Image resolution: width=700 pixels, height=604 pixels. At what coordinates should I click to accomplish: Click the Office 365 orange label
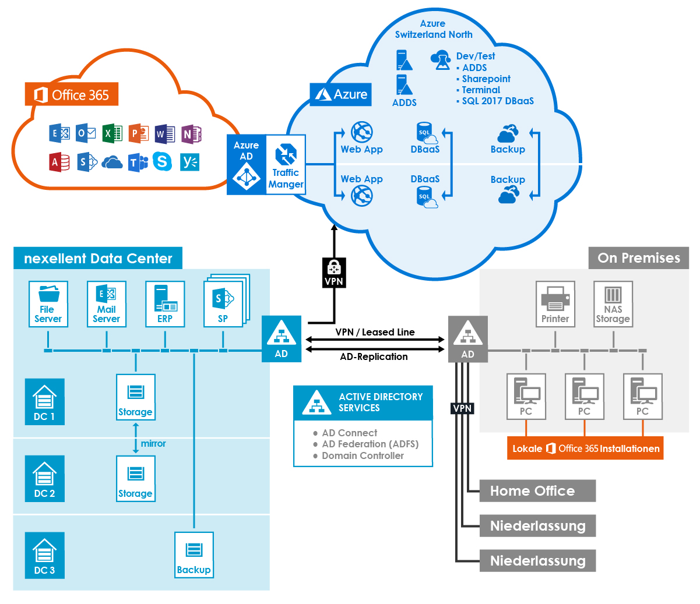[x=72, y=94]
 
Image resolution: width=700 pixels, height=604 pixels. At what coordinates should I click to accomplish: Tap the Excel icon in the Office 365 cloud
[x=112, y=133]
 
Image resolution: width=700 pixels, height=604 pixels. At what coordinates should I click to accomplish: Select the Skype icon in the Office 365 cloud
[x=162, y=161]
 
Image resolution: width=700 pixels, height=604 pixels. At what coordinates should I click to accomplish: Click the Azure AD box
[x=246, y=165]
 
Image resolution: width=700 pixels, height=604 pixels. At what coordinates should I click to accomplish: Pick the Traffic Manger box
[x=286, y=165]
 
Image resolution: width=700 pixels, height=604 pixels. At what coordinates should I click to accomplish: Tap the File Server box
[x=48, y=304]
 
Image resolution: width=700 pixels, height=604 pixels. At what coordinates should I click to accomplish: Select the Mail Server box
[x=107, y=304]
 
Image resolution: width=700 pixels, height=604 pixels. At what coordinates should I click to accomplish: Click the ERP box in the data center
[x=165, y=304]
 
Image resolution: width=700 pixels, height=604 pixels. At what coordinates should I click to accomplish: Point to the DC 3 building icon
[x=44, y=555]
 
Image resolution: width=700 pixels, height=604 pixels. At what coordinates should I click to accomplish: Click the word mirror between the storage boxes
[x=153, y=444]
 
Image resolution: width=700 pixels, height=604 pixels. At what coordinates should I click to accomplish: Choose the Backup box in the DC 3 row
[x=194, y=555]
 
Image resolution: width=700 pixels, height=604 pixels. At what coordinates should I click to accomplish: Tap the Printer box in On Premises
[x=555, y=304]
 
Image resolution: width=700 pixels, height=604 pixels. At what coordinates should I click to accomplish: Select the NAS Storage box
[x=613, y=304]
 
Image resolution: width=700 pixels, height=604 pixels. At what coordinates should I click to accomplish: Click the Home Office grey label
[x=537, y=491]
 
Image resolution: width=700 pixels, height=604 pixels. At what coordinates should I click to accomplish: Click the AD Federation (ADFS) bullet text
[x=370, y=444]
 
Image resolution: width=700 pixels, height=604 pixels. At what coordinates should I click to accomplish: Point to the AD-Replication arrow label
[x=374, y=357]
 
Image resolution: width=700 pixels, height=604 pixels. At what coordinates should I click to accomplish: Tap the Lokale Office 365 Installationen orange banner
[x=585, y=448]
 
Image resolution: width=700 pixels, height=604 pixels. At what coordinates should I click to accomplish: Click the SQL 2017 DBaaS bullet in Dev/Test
[x=497, y=101]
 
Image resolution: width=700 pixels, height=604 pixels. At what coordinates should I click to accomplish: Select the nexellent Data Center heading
[x=98, y=259]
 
